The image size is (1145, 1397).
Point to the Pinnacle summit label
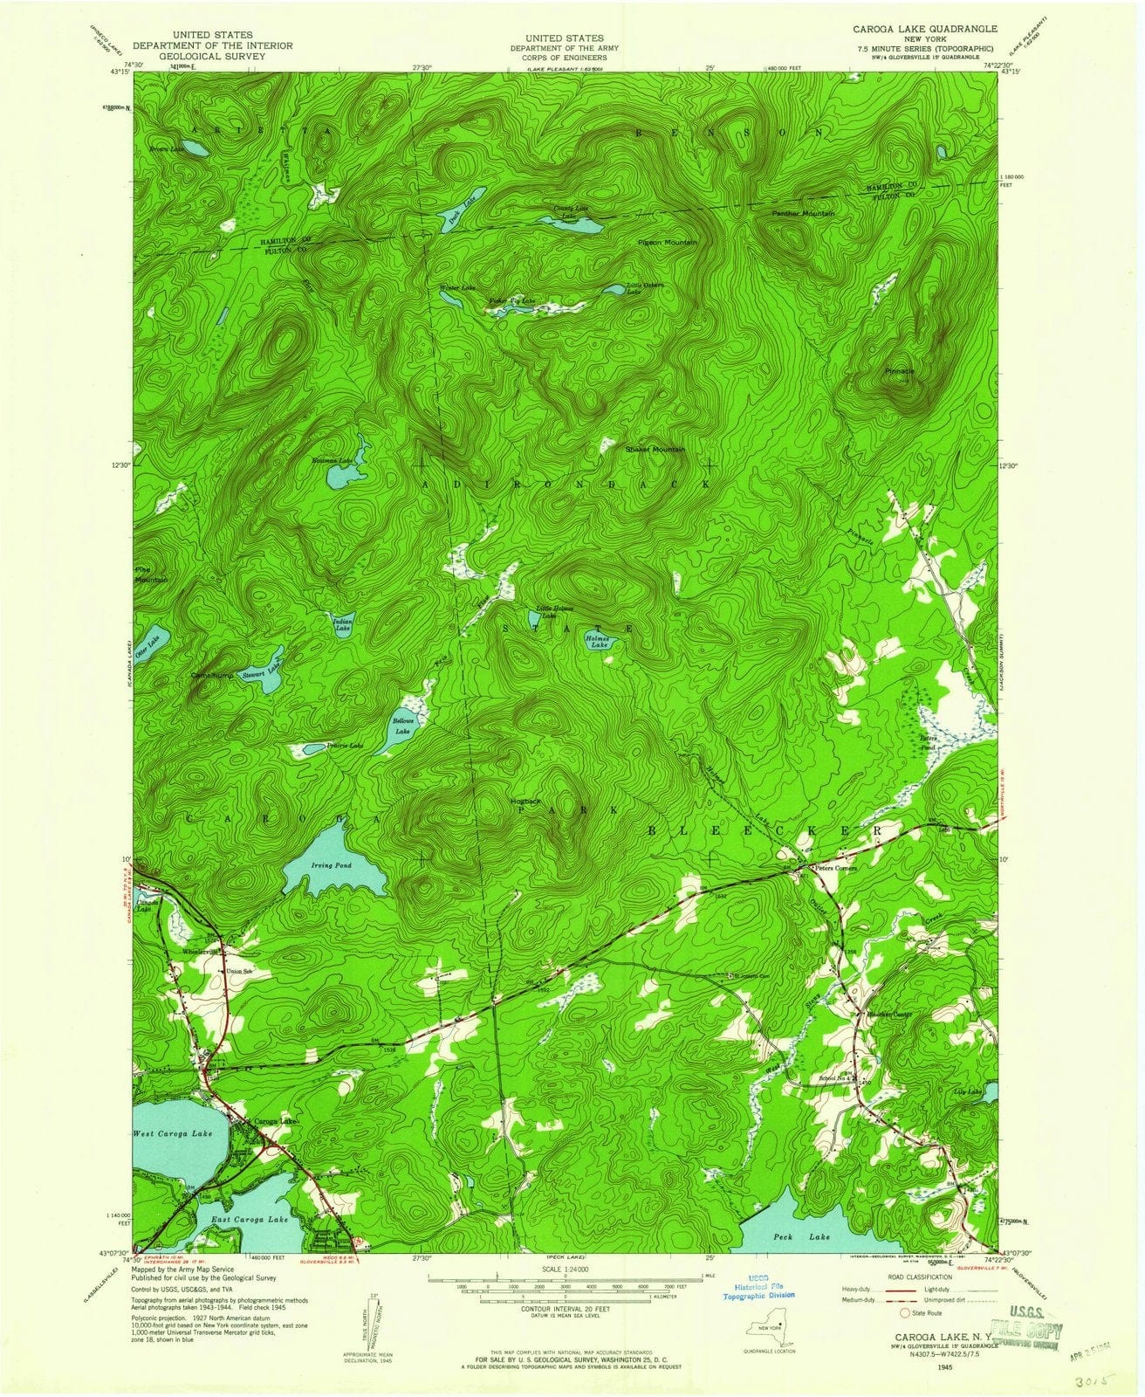[899, 371]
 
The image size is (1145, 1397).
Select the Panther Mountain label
[803, 213]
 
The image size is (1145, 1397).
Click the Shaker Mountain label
[655, 449]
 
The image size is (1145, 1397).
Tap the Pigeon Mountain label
[668, 242]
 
